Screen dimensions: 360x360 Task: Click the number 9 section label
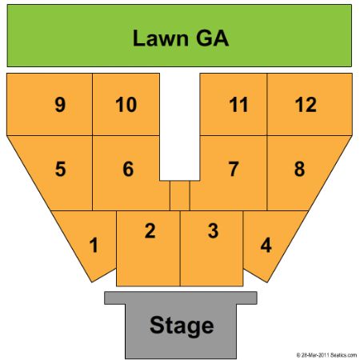click(60, 104)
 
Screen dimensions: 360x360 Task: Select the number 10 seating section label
click(126, 104)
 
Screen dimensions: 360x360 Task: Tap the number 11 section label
click(238, 104)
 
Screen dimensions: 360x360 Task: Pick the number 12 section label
click(306, 104)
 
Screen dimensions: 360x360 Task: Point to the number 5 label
click(60, 169)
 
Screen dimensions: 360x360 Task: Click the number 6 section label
click(128, 169)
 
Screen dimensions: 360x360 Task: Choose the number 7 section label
click(234, 169)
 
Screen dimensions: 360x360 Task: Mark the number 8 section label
click(299, 169)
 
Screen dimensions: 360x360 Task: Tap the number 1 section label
click(94, 245)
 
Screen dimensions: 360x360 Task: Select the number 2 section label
click(150, 230)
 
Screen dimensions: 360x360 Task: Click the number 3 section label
click(213, 230)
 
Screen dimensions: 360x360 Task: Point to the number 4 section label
click(266, 245)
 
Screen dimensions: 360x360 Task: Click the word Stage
click(182, 326)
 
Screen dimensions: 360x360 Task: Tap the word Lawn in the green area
click(161, 38)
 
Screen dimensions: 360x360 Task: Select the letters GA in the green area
click(213, 38)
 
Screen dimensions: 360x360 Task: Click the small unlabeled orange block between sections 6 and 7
click(180, 195)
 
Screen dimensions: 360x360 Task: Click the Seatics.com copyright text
click(326, 355)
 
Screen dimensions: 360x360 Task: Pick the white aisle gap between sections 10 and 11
click(180, 126)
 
